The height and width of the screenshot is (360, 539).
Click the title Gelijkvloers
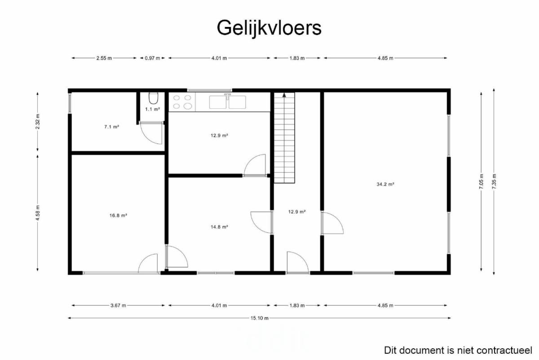point(269,28)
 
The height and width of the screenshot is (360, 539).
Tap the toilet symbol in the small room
point(153,98)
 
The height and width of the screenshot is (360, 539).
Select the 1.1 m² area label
point(153,109)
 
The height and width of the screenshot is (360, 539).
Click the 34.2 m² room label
point(385,184)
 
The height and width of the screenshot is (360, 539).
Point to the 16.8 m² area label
point(118,215)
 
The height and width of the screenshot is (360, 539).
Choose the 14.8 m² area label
point(219,227)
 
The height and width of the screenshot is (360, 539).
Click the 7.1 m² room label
point(112,127)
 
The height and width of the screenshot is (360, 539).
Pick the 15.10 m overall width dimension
point(260,318)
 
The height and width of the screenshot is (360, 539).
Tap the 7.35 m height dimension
point(494,181)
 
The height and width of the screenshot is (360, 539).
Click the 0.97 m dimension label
point(152,58)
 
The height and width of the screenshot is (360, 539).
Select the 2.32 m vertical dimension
point(38,122)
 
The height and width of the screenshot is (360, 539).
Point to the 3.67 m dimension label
point(118,305)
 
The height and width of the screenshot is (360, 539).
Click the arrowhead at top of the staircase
point(284,95)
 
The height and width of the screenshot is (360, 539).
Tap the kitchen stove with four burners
point(182,102)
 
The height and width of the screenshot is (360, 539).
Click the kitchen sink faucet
point(227,96)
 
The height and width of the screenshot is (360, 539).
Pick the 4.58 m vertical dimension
point(38,213)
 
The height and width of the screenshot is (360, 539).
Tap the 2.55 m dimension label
point(104,58)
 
